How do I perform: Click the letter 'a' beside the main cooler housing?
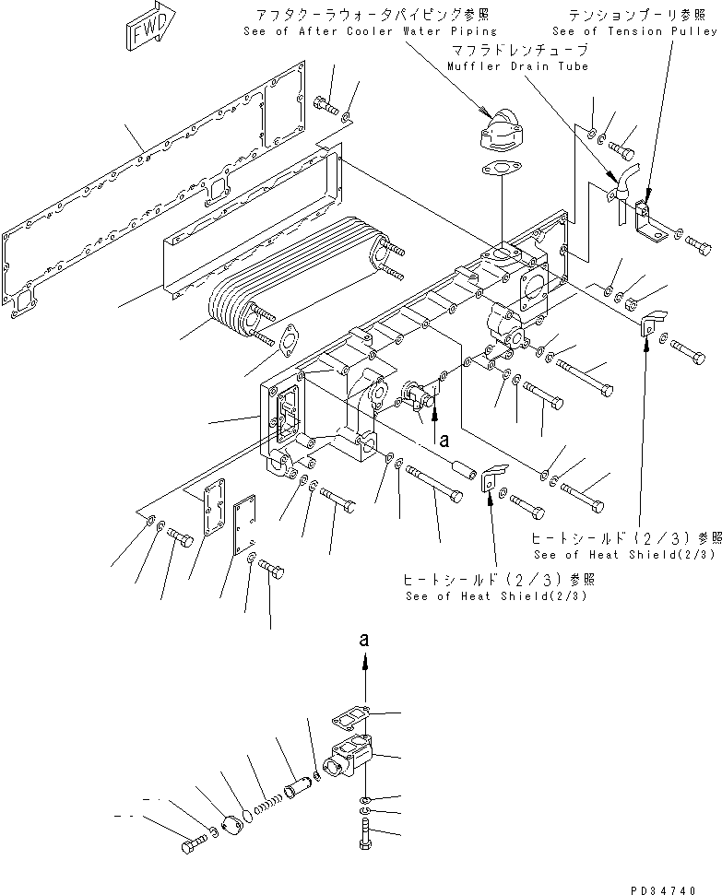444,442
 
